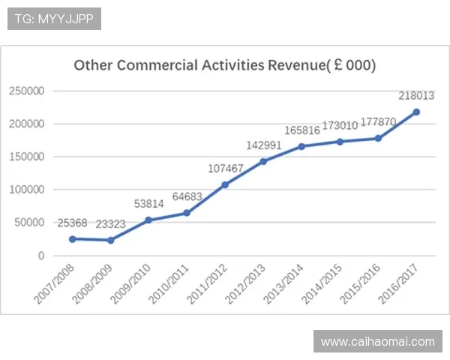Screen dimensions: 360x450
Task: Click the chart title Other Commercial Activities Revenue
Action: point(224,65)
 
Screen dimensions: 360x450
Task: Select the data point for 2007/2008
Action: point(73,239)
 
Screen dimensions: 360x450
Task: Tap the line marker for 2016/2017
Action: point(416,112)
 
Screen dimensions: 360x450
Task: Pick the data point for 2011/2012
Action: point(225,184)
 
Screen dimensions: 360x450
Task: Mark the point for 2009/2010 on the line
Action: point(148,220)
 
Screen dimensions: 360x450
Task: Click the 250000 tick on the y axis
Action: point(27,91)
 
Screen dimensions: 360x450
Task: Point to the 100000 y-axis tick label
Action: point(27,190)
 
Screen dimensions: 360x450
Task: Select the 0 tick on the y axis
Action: point(42,256)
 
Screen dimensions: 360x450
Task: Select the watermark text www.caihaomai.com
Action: point(377,342)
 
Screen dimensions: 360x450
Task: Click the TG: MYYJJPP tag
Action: point(54,19)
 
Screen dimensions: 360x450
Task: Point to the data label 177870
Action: point(378,122)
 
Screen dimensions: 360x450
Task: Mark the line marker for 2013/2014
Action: point(301,146)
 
